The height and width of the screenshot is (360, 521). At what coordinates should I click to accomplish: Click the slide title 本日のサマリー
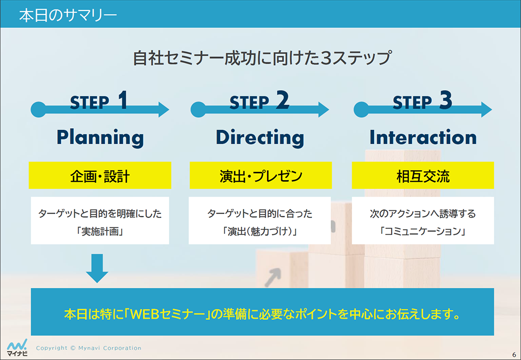[x=68, y=16]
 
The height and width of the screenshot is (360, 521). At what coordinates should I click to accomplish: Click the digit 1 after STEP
[x=123, y=100]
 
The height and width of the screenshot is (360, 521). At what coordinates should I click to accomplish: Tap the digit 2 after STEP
[x=283, y=100]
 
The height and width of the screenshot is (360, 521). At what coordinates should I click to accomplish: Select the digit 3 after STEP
[x=445, y=100]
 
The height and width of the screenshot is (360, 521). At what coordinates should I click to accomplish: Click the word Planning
[x=100, y=138]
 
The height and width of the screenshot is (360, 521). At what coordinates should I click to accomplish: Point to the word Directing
[x=260, y=138]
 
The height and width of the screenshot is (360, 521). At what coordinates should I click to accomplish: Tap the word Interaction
[x=423, y=138]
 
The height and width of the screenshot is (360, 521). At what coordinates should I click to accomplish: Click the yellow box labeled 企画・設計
[x=100, y=175]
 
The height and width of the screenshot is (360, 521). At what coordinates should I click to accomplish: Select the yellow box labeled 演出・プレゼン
[x=261, y=175]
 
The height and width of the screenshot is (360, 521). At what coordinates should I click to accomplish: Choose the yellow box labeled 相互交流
[x=423, y=175]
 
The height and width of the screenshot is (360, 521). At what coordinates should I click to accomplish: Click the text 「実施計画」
[x=100, y=231]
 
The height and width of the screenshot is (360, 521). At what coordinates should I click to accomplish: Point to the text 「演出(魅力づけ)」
[x=260, y=231]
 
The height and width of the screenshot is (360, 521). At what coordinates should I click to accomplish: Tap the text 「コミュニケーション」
[x=423, y=231]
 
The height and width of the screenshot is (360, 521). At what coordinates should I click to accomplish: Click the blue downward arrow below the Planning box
[x=97, y=268]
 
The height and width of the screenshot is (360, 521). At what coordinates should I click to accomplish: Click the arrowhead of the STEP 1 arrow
[x=163, y=110]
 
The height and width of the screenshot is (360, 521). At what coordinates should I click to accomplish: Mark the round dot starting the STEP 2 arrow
[x=198, y=110]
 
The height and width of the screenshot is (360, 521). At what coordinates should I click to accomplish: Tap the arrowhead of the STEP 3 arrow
[x=486, y=110]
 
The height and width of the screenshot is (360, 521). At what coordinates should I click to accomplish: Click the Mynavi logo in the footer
[x=17, y=347]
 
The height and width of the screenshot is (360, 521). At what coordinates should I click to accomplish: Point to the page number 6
[x=514, y=354]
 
